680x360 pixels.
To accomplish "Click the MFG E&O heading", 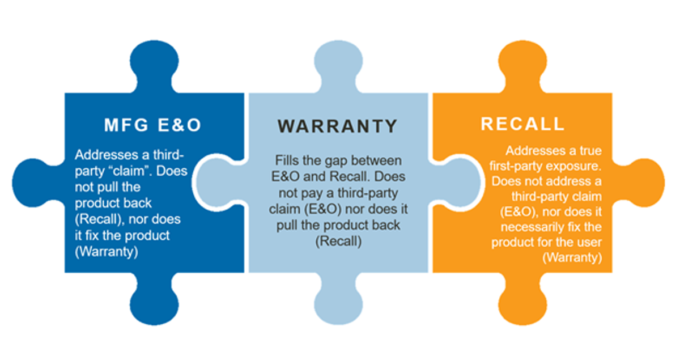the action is click(x=152, y=125).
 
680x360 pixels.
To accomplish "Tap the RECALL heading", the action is click(x=522, y=124).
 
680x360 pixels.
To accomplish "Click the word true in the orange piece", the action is click(x=589, y=151).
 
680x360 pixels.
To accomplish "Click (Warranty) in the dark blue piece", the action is click(x=107, y=251).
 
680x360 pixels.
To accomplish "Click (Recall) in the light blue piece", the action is click(x=338, y=241).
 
